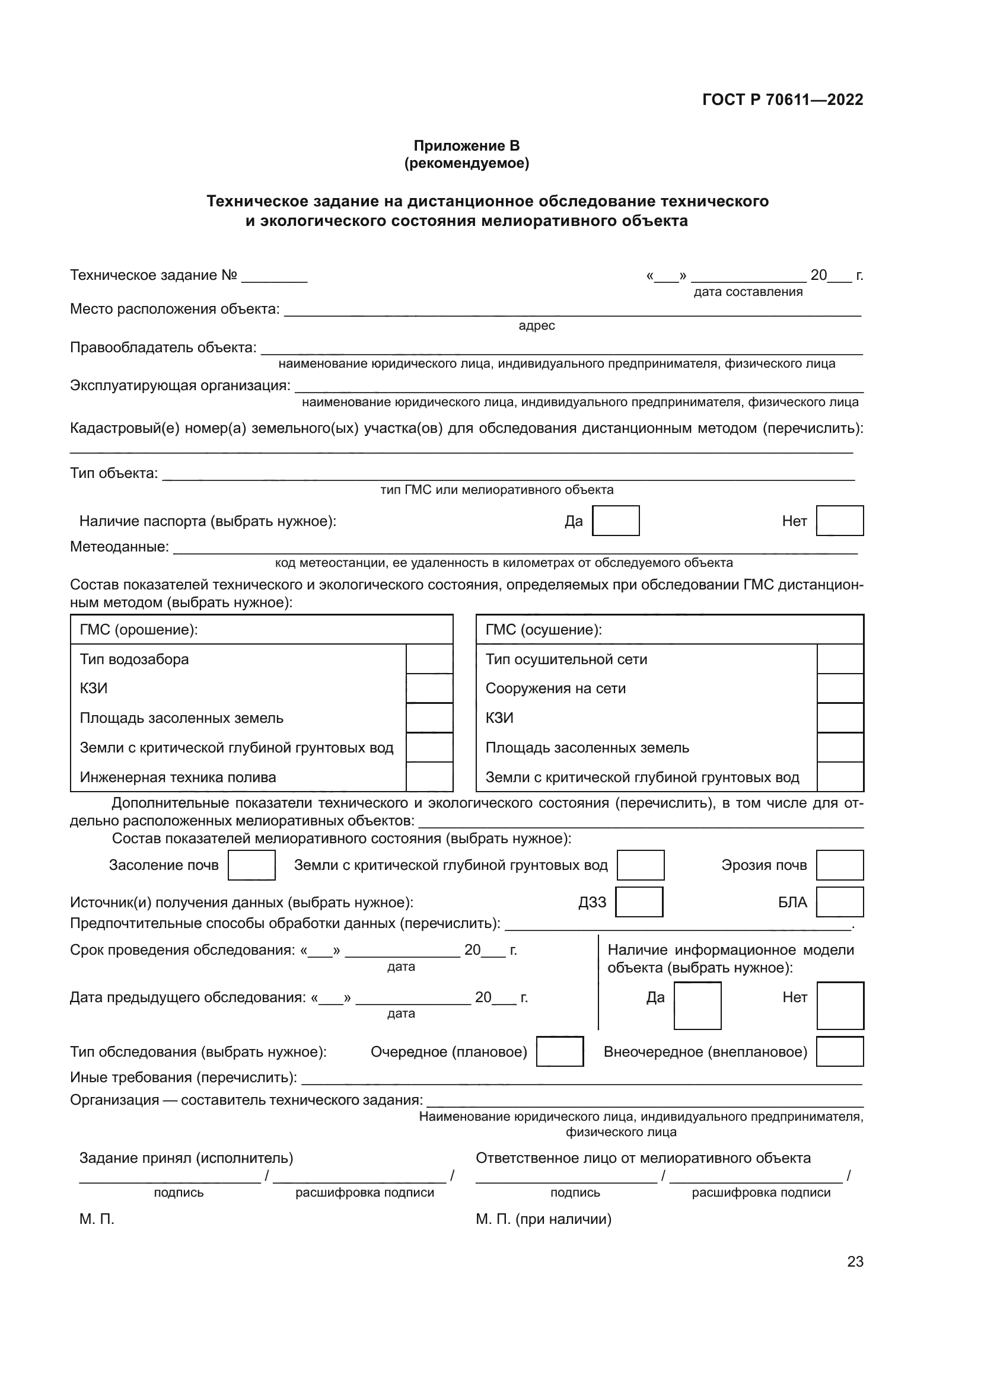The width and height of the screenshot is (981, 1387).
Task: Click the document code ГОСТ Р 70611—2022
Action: (782, 100)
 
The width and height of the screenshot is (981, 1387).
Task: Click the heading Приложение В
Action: (466, 146)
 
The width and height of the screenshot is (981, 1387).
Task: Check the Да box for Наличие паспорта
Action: (616, 521)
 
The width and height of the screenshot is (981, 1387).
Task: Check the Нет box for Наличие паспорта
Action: (839, 521)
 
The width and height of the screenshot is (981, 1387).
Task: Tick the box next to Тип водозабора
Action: (429, 659)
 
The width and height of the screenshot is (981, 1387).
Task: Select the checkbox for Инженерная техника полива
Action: (429, 777)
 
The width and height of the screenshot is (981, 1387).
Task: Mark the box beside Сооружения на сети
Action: (840, 688)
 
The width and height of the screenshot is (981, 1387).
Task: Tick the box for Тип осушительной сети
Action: (840, 659)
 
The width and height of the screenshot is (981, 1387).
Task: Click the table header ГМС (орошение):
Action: (139, 630)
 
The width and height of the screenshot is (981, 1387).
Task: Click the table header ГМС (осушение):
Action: (544, 630)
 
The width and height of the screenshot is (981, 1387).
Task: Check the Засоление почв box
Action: (251, 865)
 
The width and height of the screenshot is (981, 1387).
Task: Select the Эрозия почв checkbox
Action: (839, 865)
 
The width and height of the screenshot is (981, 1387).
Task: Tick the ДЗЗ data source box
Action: (639, 902)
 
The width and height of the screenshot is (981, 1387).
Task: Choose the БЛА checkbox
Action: (839, 902)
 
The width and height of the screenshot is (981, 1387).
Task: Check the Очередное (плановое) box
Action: (559, 1052)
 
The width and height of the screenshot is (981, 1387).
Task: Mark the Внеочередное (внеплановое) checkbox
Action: (839, 1052)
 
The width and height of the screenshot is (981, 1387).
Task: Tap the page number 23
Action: (855, 1261)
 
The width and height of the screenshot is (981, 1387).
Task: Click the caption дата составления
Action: (748, 292)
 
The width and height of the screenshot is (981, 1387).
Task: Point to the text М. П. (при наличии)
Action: (543, 1219)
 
